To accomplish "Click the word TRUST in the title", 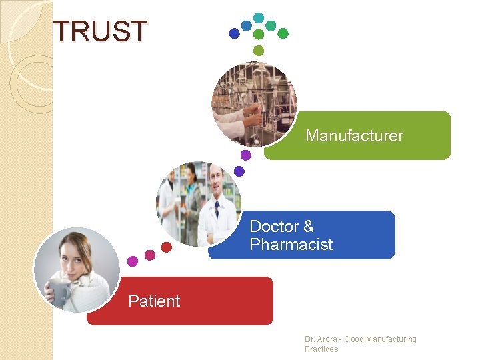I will tap(100, 31).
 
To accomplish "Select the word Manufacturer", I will tap(354, 136).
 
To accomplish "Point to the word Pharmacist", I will tap(291, 245).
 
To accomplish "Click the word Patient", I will tap(154, 301).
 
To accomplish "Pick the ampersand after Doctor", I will tap(308, 227).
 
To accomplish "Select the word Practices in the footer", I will tap(321, 349).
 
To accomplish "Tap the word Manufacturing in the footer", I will tap(391, 339).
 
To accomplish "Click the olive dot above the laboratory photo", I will tap(259, 51).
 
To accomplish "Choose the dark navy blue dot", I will tap(234, 33).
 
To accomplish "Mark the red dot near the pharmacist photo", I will tap(167, 247).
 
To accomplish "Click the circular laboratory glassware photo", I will tap(254, 103).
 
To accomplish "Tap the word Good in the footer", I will tap(354, 339).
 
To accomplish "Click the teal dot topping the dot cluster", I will tap(259, 17).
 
